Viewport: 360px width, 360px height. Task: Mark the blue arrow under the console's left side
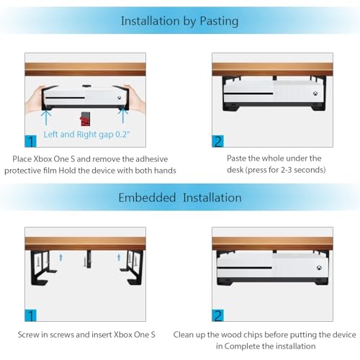click(47, 113)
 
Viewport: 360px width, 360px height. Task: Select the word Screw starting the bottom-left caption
click(31, 335)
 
